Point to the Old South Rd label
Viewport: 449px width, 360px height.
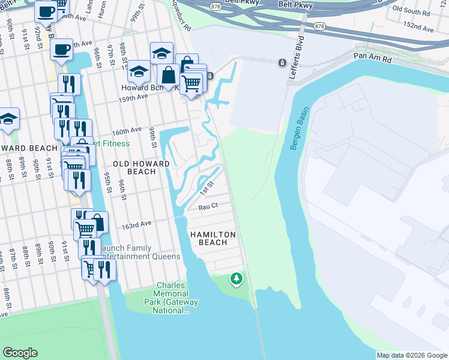click(x=412, y=10)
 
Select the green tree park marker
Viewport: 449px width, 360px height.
click(x=237, y=278)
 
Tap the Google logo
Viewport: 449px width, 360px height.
click(x=20, y=353)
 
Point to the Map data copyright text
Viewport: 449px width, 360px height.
click(x=412, y=355)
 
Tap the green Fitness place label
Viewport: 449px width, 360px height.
click(x=113, y=144)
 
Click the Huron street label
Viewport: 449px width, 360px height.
click(x=103, y=13)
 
